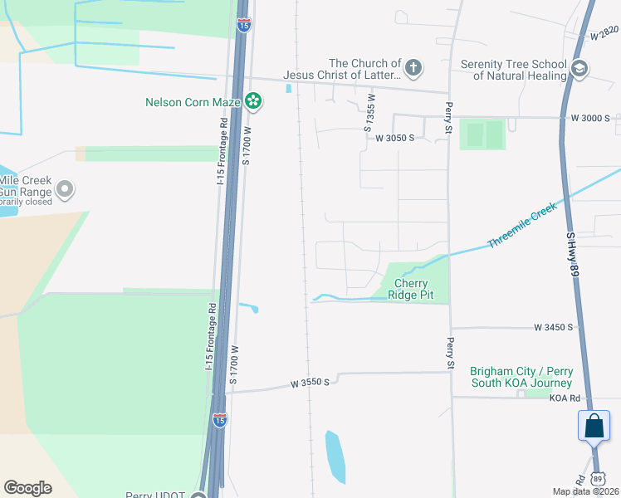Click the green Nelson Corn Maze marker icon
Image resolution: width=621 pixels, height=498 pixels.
(x=253, y=103)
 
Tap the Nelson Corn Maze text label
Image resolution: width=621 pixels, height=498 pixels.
(x=193, y=103)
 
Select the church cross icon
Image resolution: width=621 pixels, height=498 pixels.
(x=413, y=68)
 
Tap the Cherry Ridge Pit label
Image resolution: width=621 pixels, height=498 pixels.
(x=411, y=290)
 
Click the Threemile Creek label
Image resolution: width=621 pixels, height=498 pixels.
(x=521, y=227)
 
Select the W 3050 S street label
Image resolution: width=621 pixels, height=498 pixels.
(x=394, y=138)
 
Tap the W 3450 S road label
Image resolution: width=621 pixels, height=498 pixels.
(x=554, y=328)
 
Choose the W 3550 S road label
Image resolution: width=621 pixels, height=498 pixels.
(x=310, y=383)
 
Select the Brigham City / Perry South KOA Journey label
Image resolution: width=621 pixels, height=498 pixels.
(x=521, y=377)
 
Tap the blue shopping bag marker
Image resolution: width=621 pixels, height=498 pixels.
(x=594, y=427)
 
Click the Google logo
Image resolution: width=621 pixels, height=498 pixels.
(x=28, y=488)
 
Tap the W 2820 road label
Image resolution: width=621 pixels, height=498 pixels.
(x=605, y=33)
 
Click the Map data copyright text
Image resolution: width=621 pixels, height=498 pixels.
(x=585, y=491)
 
